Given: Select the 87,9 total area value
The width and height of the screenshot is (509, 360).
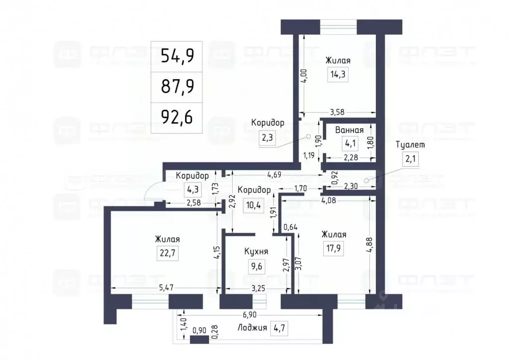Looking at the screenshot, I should pyautogui.click(x=177, y=87).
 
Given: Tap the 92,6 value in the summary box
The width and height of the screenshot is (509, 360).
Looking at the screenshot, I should pyautogui.click(x=177, y=118).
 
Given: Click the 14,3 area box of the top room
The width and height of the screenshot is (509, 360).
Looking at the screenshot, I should pyautogui.click(x=338, y=75).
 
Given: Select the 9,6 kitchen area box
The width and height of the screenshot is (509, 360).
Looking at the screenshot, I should pyautogui.click(x=256, y=266).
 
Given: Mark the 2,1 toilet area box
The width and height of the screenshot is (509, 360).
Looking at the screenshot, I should pyautogui.click(x=411, y=160).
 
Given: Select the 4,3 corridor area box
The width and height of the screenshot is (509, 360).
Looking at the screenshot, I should pyautogui.click(x=192, y=189).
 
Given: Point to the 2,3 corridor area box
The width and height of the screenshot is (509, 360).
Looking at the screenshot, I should pyautogui.click(x=267, y=137).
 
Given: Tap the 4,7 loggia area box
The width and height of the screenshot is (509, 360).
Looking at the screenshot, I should pyautogui.click(x=279, y=328).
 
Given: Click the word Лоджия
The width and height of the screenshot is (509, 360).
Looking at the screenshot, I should pyautogui.click(x=252, y=328).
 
